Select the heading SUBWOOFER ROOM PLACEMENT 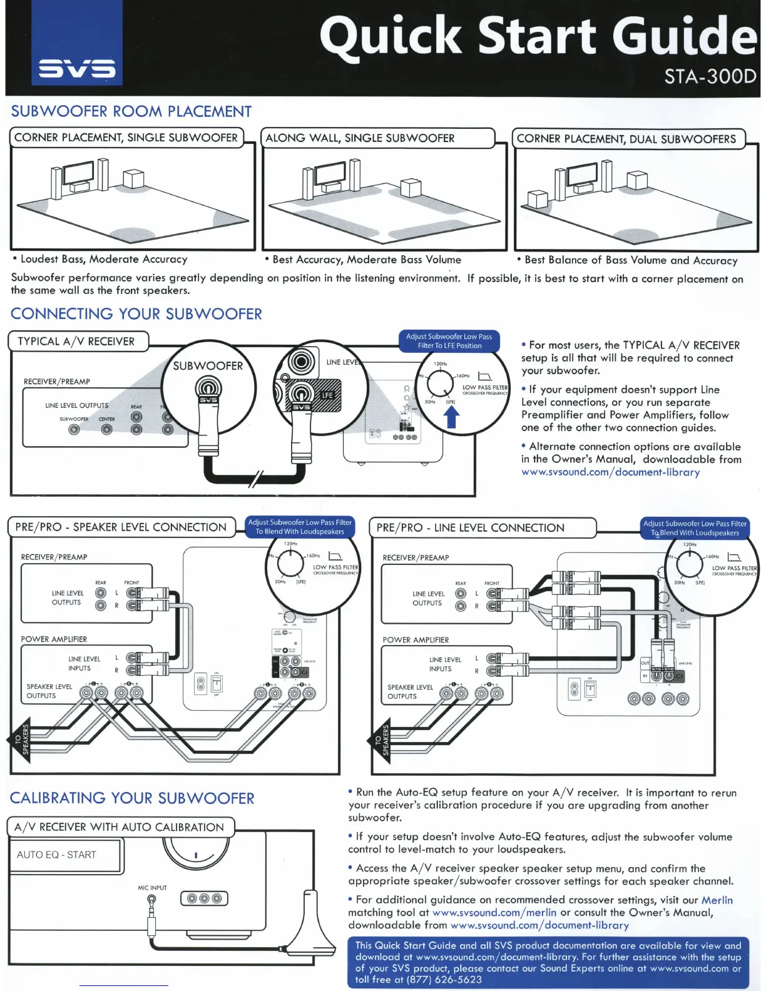(131, 111)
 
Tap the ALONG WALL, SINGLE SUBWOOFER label (360, 138)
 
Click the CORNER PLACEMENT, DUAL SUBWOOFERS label (626, 139)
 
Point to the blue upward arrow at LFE (451, 417)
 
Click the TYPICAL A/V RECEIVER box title (76, 342)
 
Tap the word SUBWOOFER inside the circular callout (208, 366)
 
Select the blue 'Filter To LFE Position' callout (449, 341)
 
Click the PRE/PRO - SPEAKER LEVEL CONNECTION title (121, 527)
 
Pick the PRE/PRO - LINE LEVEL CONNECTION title (470, 528)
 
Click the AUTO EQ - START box (57, 855)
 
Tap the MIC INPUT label (152, 888)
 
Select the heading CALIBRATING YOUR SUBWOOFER (132, 798)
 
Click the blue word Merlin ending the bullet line (717, 900)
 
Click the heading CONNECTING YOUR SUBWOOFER (136, 314)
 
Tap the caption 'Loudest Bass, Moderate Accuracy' (103, 259)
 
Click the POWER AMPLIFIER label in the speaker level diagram (54, 639)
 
